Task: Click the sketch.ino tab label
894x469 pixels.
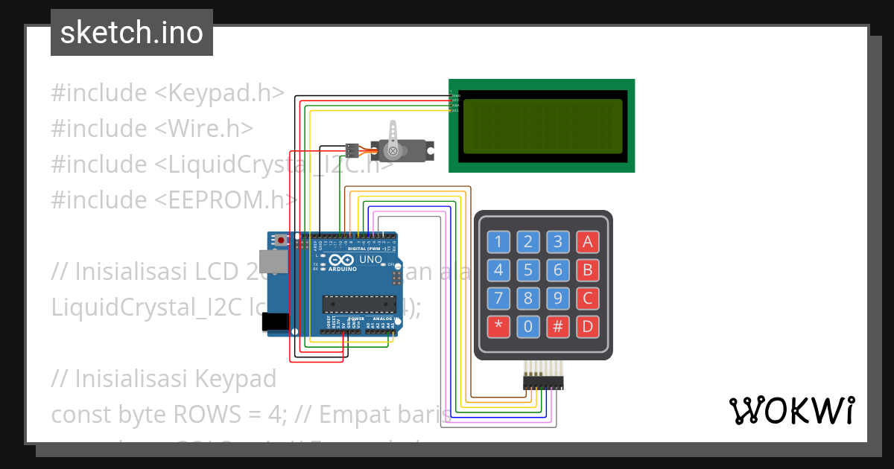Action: tap(132, 33)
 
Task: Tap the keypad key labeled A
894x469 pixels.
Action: tap(588, 241)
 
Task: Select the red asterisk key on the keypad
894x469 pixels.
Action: tap(498, 327)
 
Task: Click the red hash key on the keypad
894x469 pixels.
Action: tap(558, 327)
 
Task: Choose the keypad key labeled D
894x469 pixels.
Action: tap(588, 327)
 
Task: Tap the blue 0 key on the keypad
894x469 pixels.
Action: tap(528, 327)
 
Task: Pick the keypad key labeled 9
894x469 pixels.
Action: tap(558, 299)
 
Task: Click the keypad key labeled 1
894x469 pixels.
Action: tap(498, 241)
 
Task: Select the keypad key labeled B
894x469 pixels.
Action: tap(588, 269)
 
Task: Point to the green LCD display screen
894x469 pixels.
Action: tap(542, 126)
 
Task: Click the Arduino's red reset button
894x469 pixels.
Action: tap(281, 240)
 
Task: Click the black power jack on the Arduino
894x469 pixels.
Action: tap(277, 321)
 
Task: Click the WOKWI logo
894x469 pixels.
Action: tap(791, 410)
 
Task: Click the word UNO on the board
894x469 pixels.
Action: tap(370, 260)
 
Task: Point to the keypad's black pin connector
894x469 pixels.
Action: tap(543, 382)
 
